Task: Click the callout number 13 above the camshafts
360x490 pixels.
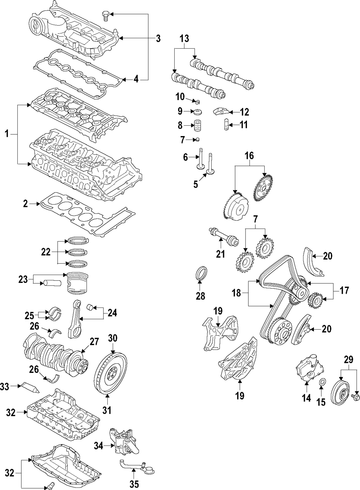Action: click(184, 39)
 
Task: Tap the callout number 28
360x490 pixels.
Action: click(200, 296)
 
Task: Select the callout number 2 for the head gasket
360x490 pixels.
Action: click(26, 204)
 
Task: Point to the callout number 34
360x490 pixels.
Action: click(99, 446)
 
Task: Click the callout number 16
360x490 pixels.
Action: click(249, 156)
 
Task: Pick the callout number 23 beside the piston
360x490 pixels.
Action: click(23, 279)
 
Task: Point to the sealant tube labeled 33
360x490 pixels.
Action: click(31, 387)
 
